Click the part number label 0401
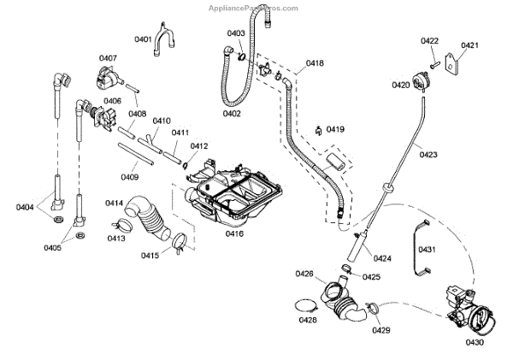(143, 39)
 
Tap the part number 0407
(108, 58)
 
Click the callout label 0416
(234, 233)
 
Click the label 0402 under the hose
(231, 113)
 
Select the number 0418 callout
(315, 63)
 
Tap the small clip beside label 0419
(318, 130)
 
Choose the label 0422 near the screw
(430, 41)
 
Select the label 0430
(475, 342)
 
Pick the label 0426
(304, 274)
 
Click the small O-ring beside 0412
(186, 163)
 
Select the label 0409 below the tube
(130, 177)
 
